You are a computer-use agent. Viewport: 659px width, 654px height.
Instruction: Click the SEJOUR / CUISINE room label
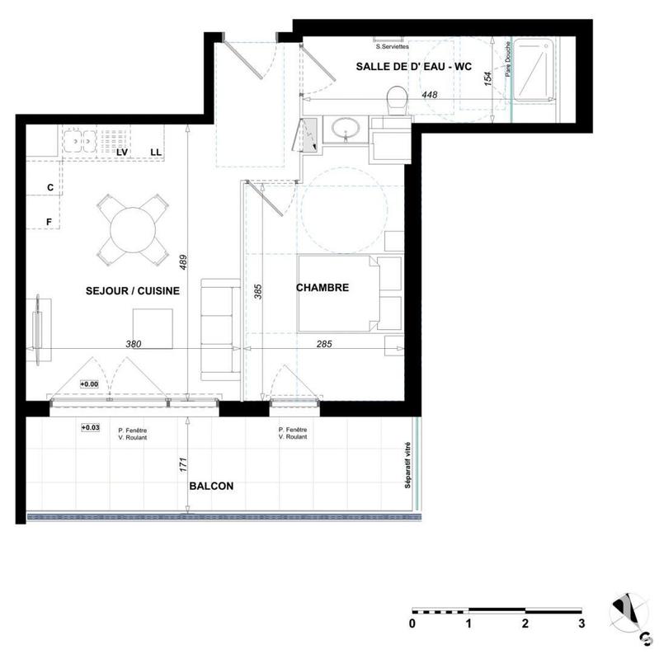click(x=132, y=291)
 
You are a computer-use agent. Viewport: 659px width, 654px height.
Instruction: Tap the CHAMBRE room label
click(x=322, y=288)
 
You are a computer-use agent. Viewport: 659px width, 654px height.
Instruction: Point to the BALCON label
click(x=211, y=487)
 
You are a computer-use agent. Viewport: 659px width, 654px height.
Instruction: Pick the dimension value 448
click(x=430, y=96)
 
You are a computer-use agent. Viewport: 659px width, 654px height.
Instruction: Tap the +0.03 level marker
click(x=90, y=428)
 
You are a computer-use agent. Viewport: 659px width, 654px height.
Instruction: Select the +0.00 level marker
click(x=89, y=384)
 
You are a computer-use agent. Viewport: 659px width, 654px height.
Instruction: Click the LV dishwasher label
click(x=122, y=153)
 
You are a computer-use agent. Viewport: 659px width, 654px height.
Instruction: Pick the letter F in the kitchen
click(x=49, y=222)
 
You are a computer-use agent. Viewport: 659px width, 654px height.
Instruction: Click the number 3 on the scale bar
click(x=581, y=623)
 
